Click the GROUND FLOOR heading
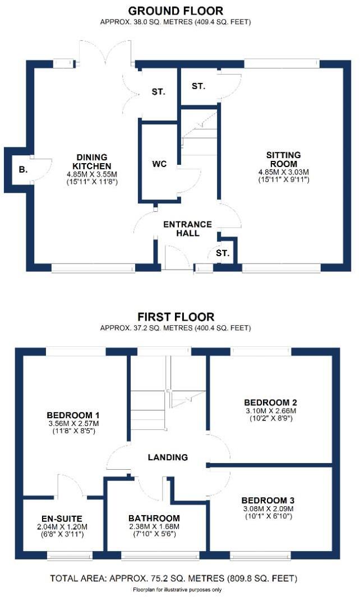click(x=176, y=11)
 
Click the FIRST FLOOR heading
click(x=175, y=317)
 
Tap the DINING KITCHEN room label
click(x=93, y=161)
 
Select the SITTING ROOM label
click(x=284, y=159)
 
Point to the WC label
click(x=159, y=164)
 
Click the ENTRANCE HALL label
click(x=187, y=229)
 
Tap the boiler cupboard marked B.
click(x=23, y=168)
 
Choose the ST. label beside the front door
click(x=223, y=253)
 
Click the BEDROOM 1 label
click(x=73, y=415)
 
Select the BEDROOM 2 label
click(x=270, y=402)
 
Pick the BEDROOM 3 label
click(x=268, y=500)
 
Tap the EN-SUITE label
click(x=55, y=519)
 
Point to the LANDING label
click(x=168, y=457)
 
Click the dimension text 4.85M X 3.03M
click(x=284, y=172)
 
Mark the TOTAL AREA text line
click(x=174, y=578)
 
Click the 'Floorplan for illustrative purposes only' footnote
click(x=177, y=590)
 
